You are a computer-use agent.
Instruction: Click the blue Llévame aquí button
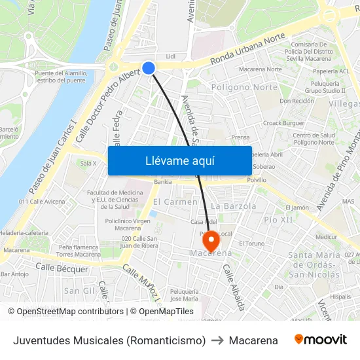(x=179, y=160)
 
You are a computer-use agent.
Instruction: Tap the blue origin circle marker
(x=149, y=68)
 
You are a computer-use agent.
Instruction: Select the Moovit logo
(x=321, y=340)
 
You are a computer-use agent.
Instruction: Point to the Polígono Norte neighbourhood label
(x=244, y=87)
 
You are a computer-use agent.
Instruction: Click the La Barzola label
(x=233, y=206)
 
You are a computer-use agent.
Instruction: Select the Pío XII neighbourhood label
(x=278, y=219)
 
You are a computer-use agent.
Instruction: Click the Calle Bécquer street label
(x=62, y=268)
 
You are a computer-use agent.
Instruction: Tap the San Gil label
(x=79, y=290)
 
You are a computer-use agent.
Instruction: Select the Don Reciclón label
(x=297, y=101)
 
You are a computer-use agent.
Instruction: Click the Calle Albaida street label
(x=234, y=287)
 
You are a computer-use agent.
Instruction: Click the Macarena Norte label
(x=260, y=69)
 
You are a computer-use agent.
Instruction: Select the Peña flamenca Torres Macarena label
(x=77, y=251)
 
